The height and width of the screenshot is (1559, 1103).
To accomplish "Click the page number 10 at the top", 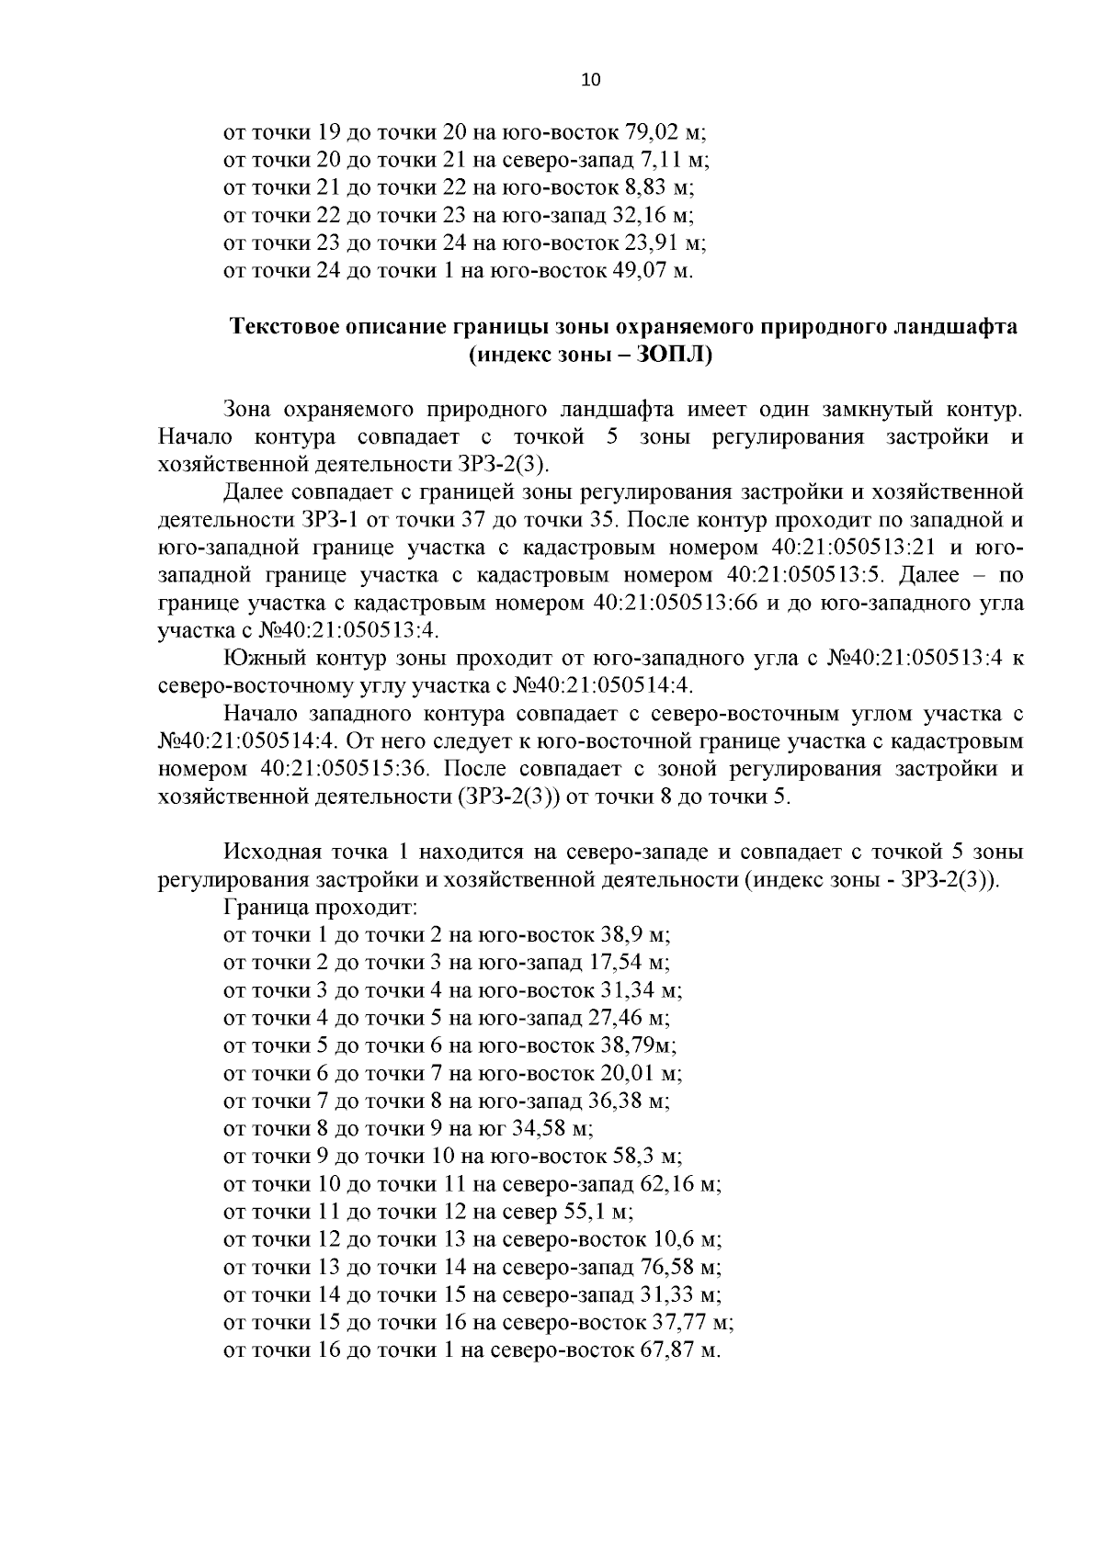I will point(590,80).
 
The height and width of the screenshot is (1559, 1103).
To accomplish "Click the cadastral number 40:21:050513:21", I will point(847,548).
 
